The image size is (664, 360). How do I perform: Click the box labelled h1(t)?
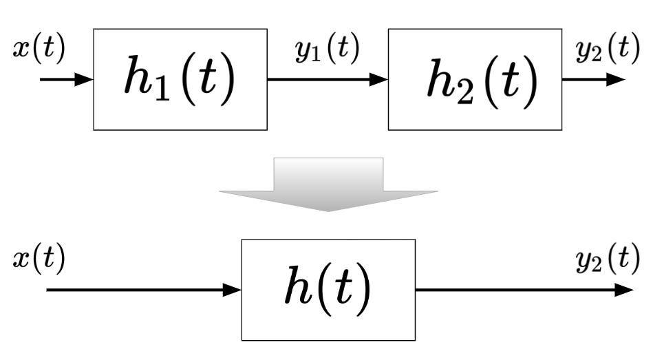pyautogui.click(x=180, y=79)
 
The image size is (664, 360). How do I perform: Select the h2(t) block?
pyautogui.click(x=475, y=79)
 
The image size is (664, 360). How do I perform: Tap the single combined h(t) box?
pyautogui.click(x=328, y=290)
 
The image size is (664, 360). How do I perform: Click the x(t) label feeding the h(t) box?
pyautogui.click(x=38, y=260)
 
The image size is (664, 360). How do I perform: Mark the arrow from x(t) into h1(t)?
pyautogui.click(x=65, y=80)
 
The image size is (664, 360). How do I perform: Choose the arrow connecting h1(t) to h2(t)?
pyautogui.click(x=327, y=80)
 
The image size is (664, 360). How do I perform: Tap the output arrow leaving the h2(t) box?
pyautogui.click(x=593, y=80)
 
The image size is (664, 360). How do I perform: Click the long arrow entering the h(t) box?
pyautogui.click(x=138, y=290)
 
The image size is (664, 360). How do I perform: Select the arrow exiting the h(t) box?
pyautogui.click(x=523, y=290)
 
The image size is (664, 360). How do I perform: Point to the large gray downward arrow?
pyautogui.click(x=328, y=183)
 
